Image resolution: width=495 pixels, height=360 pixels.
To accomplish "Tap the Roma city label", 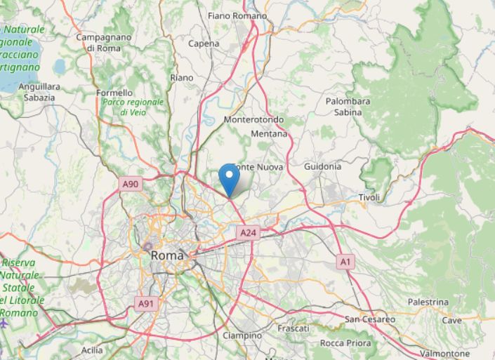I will pyautogui.click(x=167, y=256).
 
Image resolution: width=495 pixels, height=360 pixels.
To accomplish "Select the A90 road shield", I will pyautogui.click(x=131, y=185).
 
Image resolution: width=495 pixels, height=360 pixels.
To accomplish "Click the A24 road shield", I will pyautogui.click(x=246, y=232).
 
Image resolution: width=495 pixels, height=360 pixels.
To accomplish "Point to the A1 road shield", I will pyautogui.click(x=344, y=261).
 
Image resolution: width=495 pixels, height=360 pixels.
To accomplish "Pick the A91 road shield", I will pyautogui.click(x=145, y=303).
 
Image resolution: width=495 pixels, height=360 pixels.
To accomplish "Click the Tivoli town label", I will pyautogui.click(x=369, y=198).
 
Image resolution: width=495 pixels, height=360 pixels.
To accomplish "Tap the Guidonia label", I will pyautogui.click(x=323, y=167).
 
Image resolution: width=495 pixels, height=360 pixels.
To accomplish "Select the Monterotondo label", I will pyautogui.click(x=253, y=120).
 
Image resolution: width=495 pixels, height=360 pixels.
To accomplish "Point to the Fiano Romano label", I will pyautogui.click(x=237, y=15).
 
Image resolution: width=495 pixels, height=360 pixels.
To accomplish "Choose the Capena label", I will pyautogui.click(x=204, y=44).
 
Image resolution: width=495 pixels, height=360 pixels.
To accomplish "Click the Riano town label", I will pyautogui.click(x=181, y=78).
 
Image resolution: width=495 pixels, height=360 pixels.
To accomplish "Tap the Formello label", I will pyautogui.click(x=114, y=93).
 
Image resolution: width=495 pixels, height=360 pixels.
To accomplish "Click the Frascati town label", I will pyautogui.click(x=293, y=328).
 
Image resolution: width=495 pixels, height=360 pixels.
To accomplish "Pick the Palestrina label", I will pyautogui.click(x=427, y=302).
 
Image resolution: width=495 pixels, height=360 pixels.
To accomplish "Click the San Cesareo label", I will pyautogui.click(x=369, y=319).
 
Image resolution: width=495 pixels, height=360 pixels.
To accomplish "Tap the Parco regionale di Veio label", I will pyautogui.click(x=133, y=107).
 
